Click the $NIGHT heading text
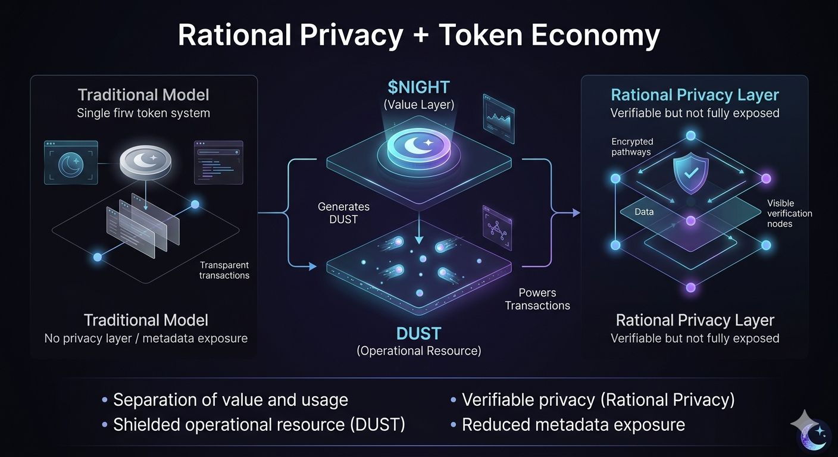[x=418, y=87]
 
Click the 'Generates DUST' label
[x=343, y=213]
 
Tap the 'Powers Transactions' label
[x=537, y=299]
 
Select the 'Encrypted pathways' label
[x=632, y=147]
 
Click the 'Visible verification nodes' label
[x=789, y=213]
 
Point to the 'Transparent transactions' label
[x=224, y=270]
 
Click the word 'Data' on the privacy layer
[x=644, y=212]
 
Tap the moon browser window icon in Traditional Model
[x=71, y=162]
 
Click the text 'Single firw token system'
[x=143, y=113]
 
